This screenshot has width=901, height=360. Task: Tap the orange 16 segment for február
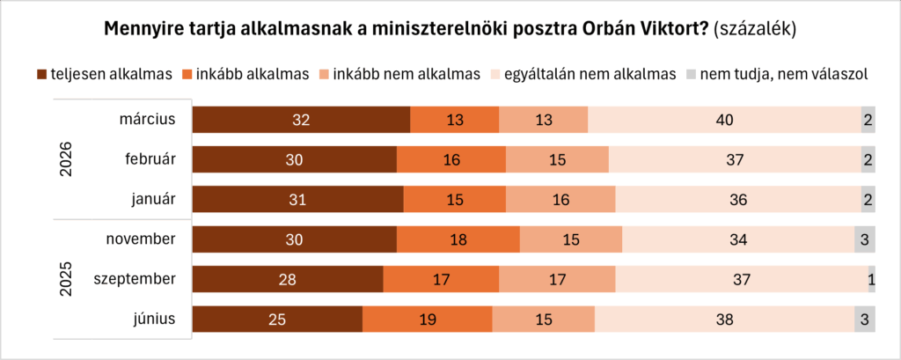[450, 160]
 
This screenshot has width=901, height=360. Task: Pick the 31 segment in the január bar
[297, 200]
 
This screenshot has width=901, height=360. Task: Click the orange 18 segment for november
[458, 240]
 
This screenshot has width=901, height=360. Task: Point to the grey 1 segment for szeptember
[871, 280]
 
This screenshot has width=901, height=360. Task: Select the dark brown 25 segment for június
[277, 320]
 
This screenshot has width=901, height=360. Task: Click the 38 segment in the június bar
[724, 320]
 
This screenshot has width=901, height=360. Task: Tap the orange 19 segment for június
[427, 320]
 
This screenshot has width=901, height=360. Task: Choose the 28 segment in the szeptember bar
[288, 280]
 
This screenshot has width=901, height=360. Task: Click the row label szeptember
[136, 280]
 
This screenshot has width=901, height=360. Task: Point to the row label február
[150, 160]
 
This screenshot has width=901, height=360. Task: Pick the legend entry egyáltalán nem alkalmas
[588, 75]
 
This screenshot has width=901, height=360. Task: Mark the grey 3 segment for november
[864, 240]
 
